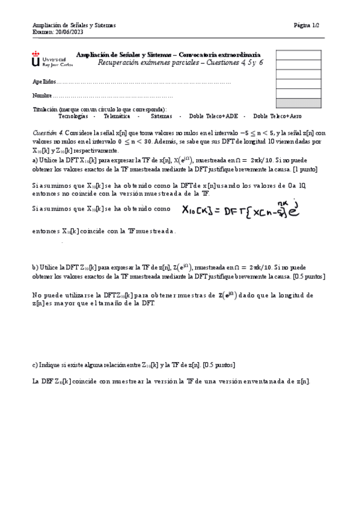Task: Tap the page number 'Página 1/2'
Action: [x=307, y=25]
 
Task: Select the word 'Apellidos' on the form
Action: [x=44, y=81]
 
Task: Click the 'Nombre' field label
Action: [x=42, y=96]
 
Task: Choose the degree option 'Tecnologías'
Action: [x=73, y=115]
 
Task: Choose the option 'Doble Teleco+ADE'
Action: [x=214, y=115]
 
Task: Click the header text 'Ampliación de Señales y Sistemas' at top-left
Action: [x=74, y=25]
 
